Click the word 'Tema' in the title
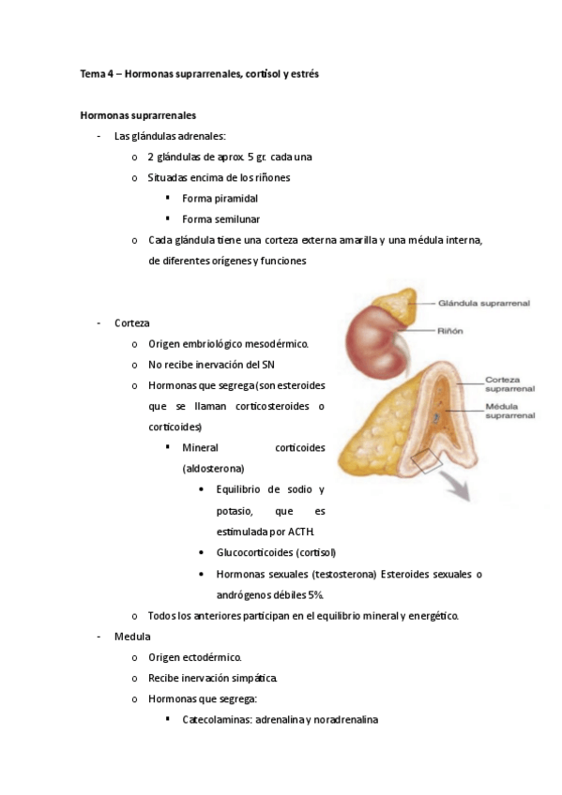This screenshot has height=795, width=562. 91,73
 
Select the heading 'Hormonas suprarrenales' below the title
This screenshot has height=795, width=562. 137,115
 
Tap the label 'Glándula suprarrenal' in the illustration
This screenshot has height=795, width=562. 484,304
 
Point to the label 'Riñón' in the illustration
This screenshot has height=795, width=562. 449,330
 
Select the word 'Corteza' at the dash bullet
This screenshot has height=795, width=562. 131,323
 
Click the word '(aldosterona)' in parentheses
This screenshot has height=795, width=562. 213,468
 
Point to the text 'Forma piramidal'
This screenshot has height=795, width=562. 220,199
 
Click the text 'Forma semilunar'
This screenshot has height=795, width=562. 220,219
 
